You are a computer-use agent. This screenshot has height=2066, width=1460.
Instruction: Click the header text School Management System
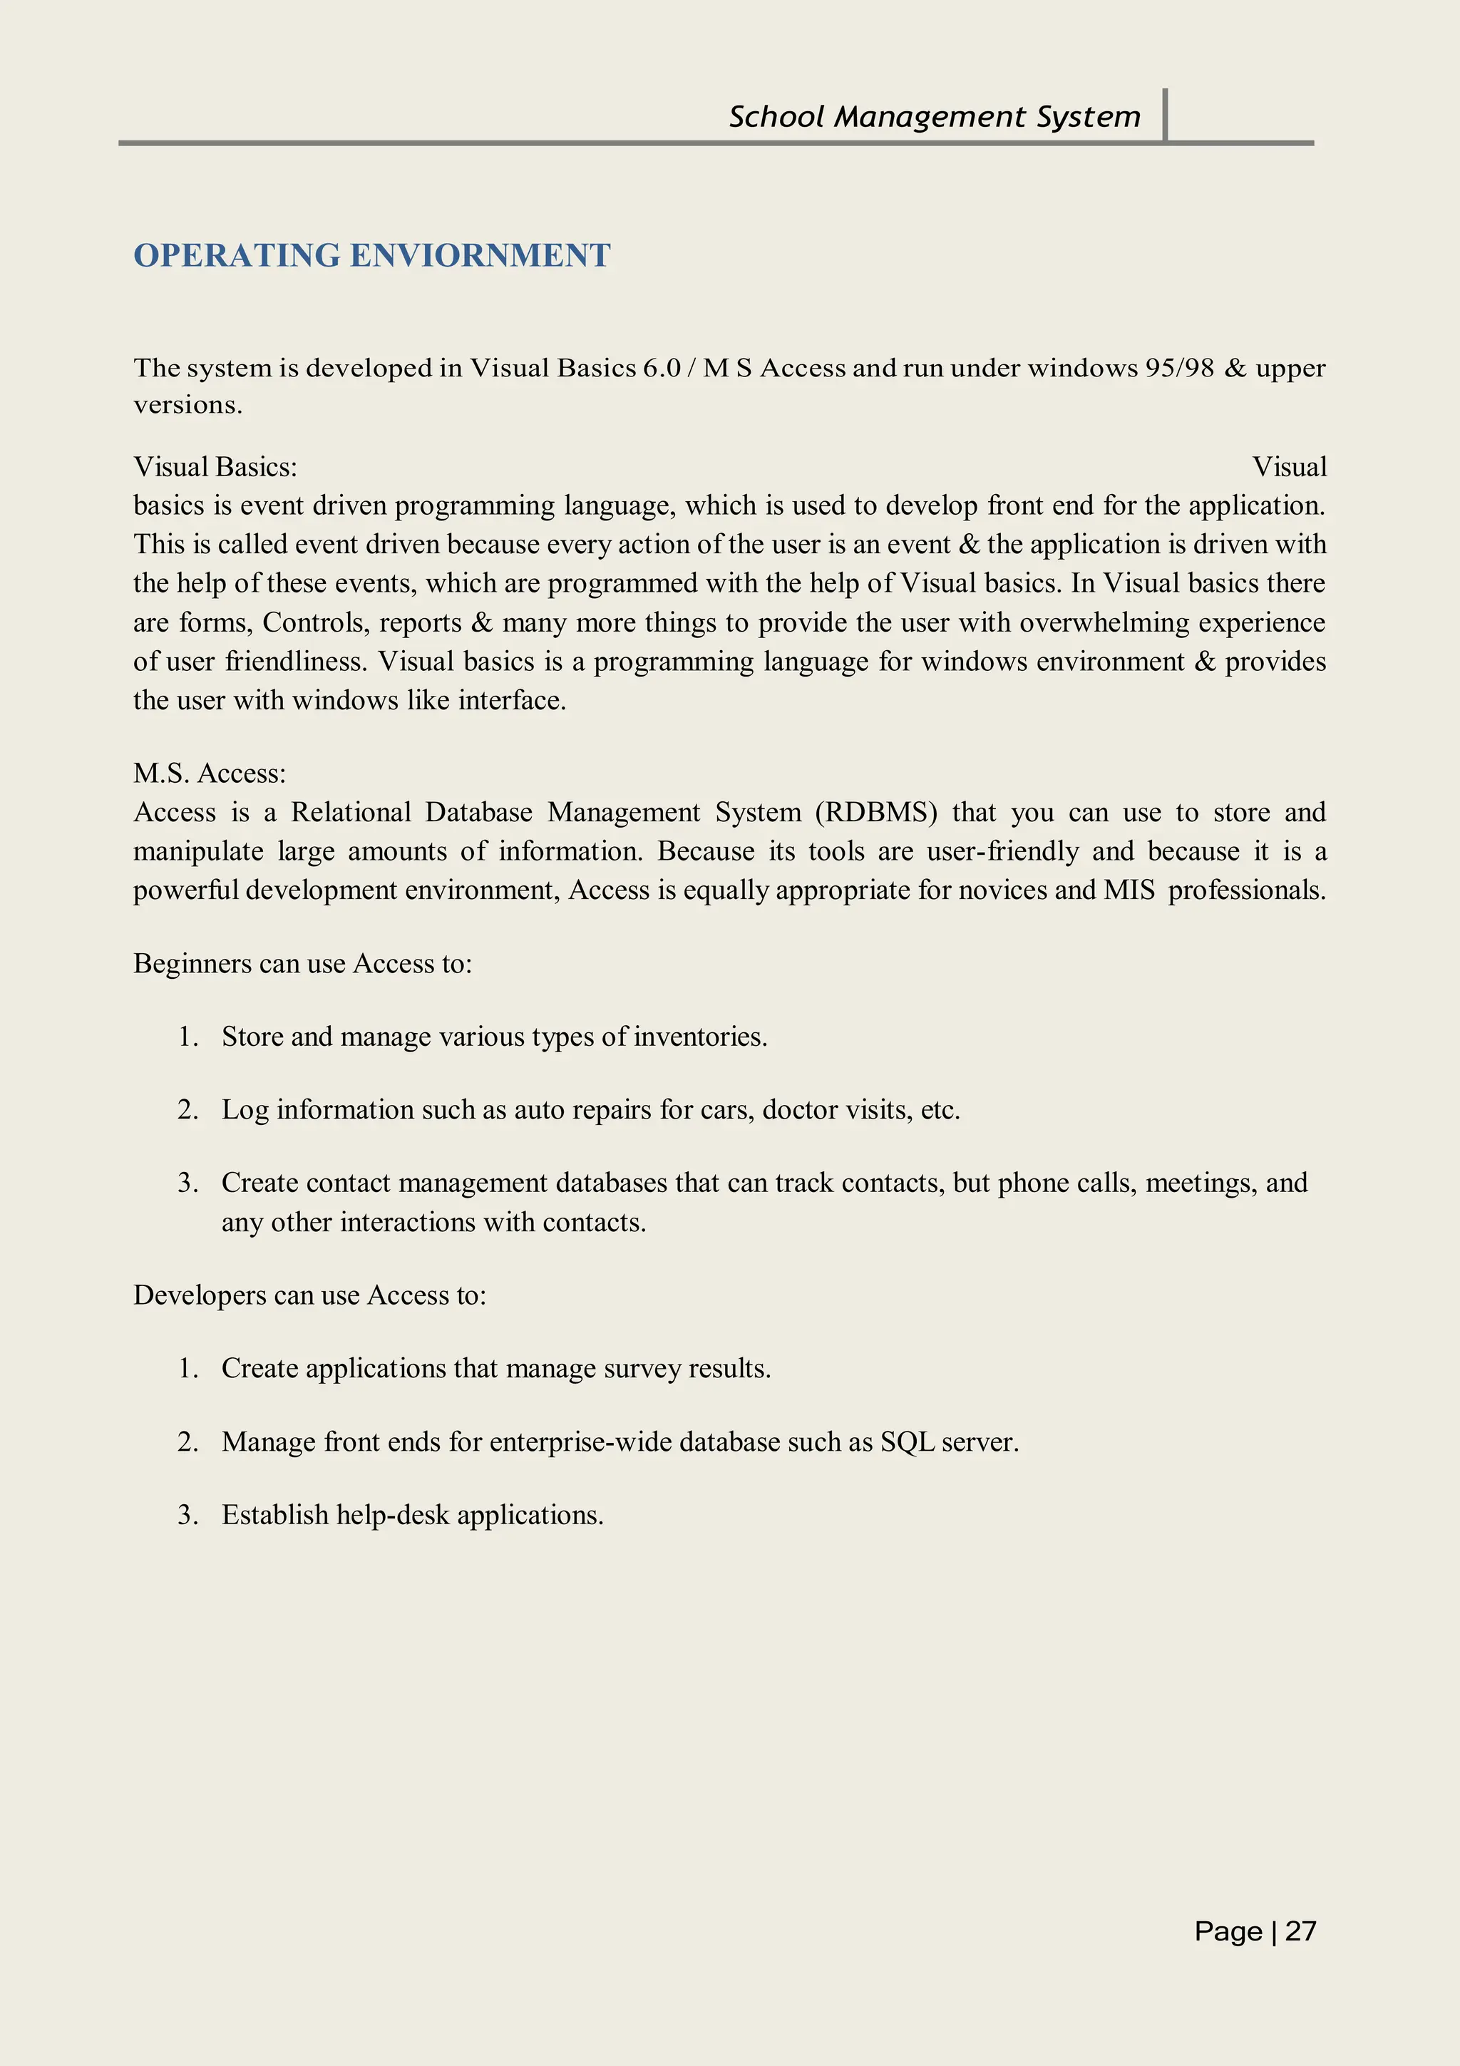(934, 117)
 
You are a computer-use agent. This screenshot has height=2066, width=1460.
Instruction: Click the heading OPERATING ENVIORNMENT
(371, 255)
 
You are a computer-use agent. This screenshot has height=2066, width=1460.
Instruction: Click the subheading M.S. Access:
(210, 773)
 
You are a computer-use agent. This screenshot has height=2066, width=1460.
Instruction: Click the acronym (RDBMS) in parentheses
(876, 813)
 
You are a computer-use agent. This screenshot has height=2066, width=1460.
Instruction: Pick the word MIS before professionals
(1129, 890)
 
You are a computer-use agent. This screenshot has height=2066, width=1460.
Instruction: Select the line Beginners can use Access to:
(302, 964)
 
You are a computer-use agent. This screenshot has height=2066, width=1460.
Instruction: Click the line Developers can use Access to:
(309, 1295)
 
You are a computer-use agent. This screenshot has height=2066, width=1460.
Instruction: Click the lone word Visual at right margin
(1289, 467)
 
